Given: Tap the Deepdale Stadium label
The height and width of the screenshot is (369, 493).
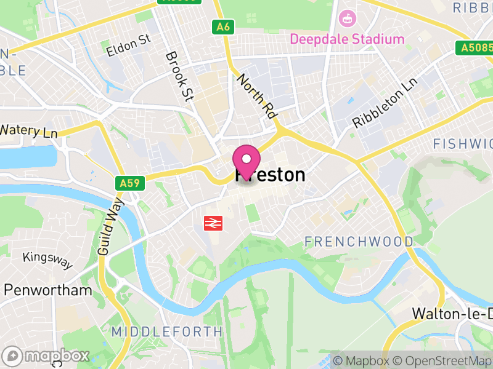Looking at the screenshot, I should click(348, 39).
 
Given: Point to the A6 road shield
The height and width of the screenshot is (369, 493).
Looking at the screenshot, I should click(223, 27).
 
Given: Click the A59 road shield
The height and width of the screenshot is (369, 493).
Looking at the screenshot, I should click(129, 183).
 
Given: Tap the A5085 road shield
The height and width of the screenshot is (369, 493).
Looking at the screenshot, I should click(474, 47).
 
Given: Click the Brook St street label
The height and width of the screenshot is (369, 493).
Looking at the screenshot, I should click(179, 76).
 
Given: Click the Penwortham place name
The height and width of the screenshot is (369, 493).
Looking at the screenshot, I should click(48, 290).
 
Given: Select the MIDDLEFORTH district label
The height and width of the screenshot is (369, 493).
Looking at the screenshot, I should click(167, 331).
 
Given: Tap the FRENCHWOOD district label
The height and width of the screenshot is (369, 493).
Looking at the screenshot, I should click(359, 242).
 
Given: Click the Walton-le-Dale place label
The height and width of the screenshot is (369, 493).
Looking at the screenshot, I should click(452, 313).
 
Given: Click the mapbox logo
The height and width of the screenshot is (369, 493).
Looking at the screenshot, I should click(46, 355).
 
